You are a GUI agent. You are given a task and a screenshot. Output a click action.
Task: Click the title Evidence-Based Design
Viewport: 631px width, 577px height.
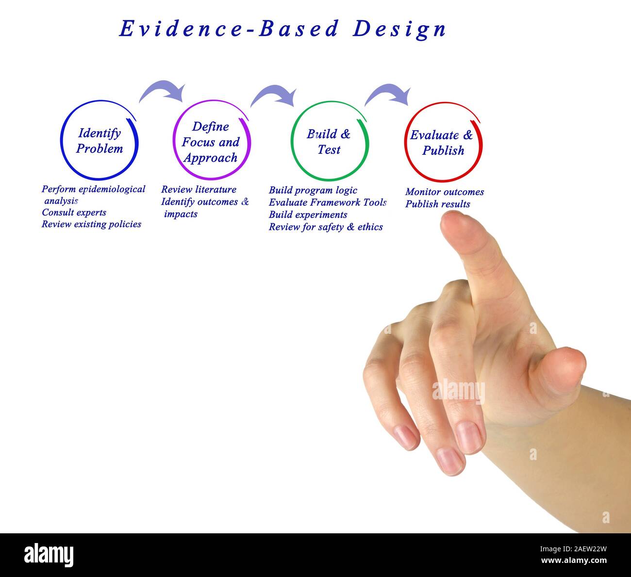coord(282,29)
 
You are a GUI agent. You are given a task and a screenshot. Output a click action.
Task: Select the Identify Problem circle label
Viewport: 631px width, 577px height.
coord(100,141)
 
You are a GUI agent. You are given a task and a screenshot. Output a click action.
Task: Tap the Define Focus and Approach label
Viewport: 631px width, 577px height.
coord(211,142)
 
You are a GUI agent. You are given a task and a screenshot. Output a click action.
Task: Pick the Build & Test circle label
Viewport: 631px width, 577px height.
coord(329,142)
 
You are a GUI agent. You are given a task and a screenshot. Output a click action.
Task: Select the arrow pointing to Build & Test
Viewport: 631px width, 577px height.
coord(274,94)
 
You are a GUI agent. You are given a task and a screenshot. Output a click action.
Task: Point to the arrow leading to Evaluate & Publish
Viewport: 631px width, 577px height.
coord(388,94)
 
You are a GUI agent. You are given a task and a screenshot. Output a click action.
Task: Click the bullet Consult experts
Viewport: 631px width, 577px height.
coord(74,213)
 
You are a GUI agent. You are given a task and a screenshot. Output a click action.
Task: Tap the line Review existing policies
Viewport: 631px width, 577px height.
coord(91,224)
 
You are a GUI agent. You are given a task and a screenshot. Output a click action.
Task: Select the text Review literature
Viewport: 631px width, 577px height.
coord(199,190)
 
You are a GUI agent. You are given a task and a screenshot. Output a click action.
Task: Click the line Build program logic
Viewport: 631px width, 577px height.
coord(313,190)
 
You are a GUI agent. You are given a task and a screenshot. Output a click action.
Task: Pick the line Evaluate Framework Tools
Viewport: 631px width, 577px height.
coord(328,202)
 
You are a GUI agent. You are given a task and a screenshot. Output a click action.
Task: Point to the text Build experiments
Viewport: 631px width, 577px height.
coord(308,214)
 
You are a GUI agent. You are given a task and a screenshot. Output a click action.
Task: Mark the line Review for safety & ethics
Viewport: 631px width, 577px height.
coord(326,227)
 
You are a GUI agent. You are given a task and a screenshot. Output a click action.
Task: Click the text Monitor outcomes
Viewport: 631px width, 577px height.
coord(444,192)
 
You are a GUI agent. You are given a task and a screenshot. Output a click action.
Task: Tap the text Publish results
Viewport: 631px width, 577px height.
coord(437,204)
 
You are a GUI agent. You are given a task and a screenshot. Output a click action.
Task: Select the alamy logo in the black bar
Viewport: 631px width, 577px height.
coord(49,555)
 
